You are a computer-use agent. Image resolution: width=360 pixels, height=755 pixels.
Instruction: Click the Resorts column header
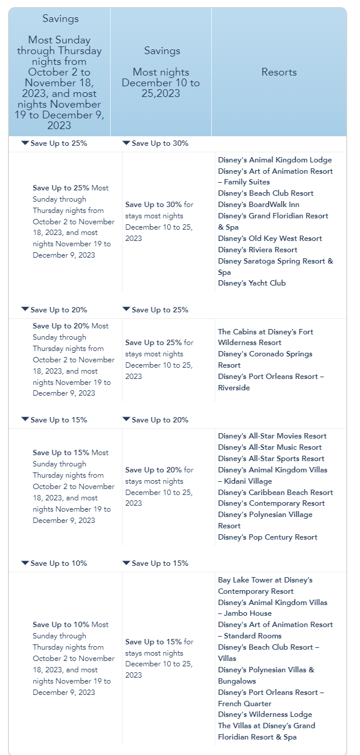[279, 72]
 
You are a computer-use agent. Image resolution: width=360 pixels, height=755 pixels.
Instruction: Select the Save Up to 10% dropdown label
[58, 563]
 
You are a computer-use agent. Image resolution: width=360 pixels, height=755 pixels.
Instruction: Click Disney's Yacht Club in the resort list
[252, 283]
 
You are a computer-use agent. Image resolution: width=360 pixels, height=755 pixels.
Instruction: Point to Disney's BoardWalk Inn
[258, 205]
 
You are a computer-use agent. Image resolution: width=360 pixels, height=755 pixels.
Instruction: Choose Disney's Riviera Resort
[257, 250]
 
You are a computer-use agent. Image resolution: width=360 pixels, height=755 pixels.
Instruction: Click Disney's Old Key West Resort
[270, 239]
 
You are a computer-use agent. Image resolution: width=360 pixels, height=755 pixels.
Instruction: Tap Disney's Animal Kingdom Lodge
[274, 160]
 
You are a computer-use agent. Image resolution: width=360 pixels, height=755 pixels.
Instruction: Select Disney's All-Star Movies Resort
[272, 436]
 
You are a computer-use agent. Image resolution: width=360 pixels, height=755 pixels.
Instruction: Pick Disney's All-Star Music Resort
[270, 447]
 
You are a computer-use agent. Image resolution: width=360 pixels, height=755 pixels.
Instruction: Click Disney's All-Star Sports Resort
[271, 459]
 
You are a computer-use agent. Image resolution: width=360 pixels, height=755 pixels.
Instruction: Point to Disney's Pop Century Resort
[267, 537]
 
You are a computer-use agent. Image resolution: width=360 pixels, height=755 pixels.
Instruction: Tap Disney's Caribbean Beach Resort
[276, 493]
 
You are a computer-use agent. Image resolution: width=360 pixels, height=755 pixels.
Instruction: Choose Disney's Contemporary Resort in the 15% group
[271, 503]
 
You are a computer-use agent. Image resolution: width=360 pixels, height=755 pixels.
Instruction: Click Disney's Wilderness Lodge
[265, 715]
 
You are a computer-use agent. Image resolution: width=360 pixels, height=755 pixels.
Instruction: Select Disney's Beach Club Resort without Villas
[265, 193]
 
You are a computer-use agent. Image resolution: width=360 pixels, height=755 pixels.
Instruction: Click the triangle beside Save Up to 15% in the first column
[25, 419]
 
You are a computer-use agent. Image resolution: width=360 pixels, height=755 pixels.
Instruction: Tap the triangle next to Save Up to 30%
[126, 143]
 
